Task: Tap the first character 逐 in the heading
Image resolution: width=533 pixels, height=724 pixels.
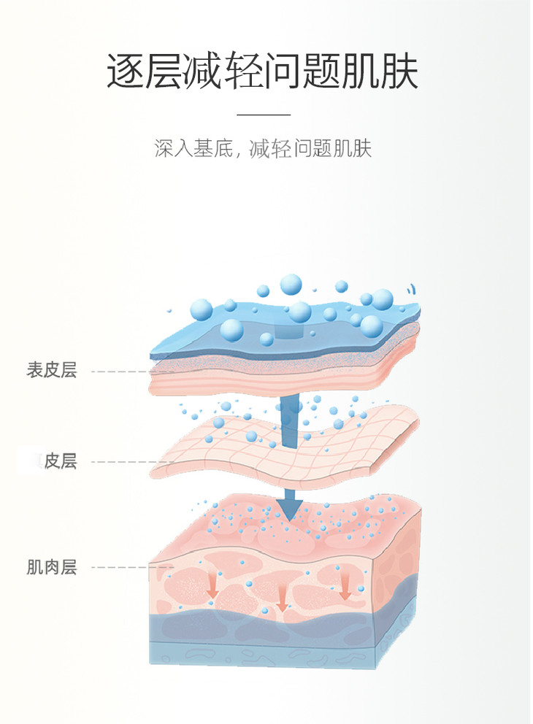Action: pyautogui.click(x=126, y=71)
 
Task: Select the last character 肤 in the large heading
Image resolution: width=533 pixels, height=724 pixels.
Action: pyautogui.click(x=399, y=71)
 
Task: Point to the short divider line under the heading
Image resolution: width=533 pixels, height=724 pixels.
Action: pyautogui.click(x=264, y=115)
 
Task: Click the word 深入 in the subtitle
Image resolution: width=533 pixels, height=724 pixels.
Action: pyautogui.click(x=172, y=149)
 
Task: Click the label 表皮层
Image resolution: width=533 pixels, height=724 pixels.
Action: pyautogui.click(x=52, y=371)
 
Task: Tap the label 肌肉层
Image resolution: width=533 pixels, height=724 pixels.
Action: pyautogui.click(x=52, y=567)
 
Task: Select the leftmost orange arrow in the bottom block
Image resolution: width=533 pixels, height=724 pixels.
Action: pyautogui.click(x=213, y=584)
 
